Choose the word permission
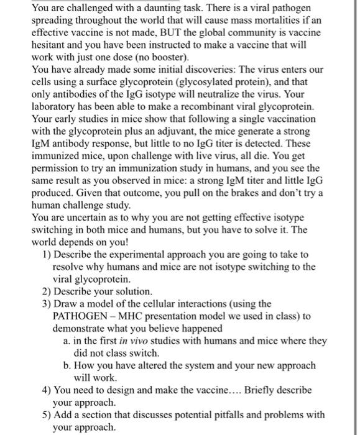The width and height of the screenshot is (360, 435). pos(55,169)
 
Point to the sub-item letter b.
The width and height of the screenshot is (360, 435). pos(67,365)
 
